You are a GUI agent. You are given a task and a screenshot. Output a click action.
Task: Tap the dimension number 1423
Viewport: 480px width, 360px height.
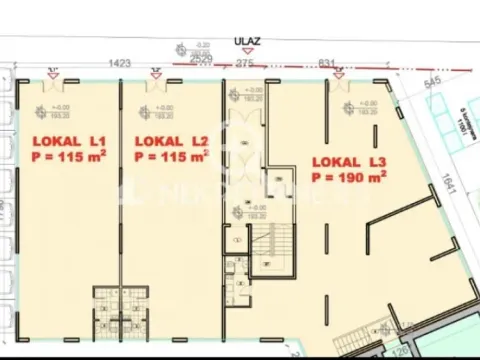coord(120,62)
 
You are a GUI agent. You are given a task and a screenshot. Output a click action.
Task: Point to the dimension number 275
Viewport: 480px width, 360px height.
coord(244,62)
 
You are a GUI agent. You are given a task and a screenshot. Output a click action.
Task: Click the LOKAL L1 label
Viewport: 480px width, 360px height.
coord(67,141)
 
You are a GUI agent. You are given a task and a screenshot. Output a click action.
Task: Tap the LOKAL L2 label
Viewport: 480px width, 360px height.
coord(170,141)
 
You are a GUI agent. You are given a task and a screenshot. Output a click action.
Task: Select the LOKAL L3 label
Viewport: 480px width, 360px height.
coord(349,161)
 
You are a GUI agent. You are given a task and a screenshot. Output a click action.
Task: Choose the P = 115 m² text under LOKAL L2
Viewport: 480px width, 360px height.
coord(170,156)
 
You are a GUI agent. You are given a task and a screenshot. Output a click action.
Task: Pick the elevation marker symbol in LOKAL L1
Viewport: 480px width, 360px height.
coord(41,111)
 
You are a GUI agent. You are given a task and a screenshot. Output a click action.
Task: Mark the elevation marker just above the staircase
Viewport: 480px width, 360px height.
coord(233,211)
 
